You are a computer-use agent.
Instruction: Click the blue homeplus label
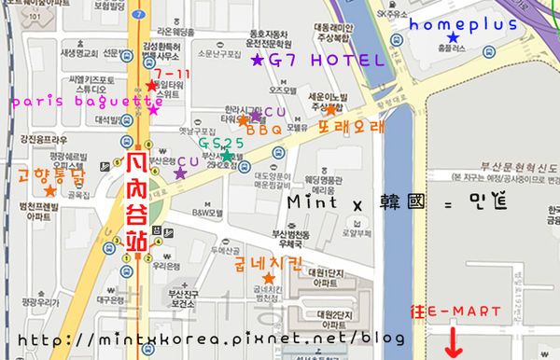463,23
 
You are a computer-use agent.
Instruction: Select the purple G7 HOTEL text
326,61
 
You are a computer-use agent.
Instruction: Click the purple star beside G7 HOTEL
258,61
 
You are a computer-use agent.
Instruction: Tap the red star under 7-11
153,87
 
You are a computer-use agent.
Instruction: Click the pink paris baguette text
75,98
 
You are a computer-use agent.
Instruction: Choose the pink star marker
153,110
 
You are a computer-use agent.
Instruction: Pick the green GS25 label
220,143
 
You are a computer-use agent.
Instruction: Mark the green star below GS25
227,156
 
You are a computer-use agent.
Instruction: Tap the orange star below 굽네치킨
269,278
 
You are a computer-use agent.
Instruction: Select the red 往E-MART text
458,311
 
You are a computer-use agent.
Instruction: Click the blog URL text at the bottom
211,339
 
